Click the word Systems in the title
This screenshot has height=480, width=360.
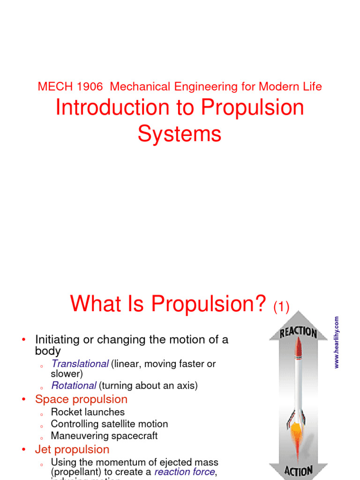(x=180, y=134)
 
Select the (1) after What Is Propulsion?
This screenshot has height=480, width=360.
(x=281, y=307)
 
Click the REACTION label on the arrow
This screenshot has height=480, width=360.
(x=298, y=333)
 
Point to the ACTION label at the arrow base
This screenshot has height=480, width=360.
(x=298, y=470)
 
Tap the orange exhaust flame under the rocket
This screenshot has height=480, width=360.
(x=296, y=434)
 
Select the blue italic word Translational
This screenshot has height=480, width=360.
(x=80, y=364)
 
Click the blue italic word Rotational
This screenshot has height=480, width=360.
(x=74, y=386)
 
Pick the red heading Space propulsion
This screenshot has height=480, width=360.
(x=81, y=399)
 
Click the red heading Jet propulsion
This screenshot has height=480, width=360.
(x=72, y=450)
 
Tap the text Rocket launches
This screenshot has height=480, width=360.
(x=88, y=412)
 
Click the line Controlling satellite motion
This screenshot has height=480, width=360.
(x=109, y=424)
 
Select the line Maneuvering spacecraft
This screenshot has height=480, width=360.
(x=104, y=435)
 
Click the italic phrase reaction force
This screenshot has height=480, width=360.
(x=184, y=472)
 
